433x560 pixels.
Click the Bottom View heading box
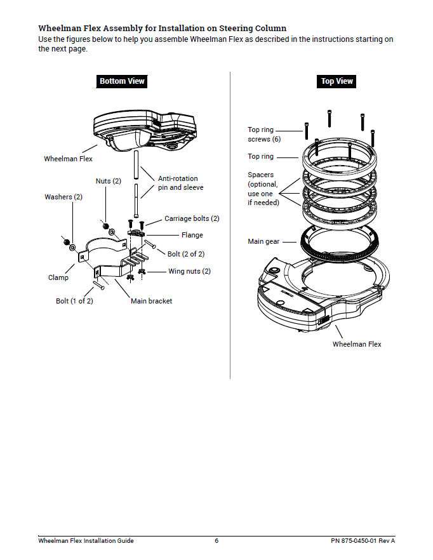point(122,81)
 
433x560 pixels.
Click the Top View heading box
point(336,81)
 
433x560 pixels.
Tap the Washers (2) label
point(63,197)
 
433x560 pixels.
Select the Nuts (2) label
point(108,181)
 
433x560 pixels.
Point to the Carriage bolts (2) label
point(192,218)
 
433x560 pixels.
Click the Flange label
point(192,235)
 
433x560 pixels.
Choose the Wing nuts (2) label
point(189,271)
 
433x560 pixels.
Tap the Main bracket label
point(151,301)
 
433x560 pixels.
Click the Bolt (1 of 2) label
point(74,301)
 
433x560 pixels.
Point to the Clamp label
point(58,277)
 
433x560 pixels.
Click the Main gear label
point(263,242)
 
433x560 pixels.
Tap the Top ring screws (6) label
point(260,134)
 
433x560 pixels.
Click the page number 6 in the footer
point(216,541)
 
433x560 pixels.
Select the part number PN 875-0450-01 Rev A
point(363,541)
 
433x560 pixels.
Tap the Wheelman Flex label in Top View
point(357,344)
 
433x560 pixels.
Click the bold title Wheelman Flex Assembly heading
point(162,28)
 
